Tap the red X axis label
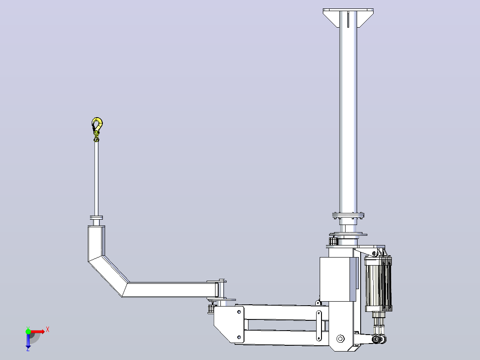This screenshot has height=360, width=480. pyautogui.click(x=48, y=330)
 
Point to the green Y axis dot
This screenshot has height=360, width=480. pyautogui.click(x=28, y=331)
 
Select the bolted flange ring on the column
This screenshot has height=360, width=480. pyautogui.click(x=348, y=215)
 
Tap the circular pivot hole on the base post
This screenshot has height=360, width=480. pyautogui.click(x=340, y=339)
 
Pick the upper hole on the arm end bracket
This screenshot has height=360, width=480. pyautogui.click(x=239, y=312)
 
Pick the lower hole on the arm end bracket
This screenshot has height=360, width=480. pyautogui.click(x=239, y=337)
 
